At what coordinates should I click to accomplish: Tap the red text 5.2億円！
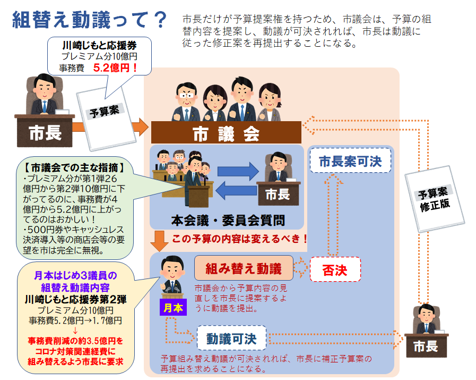pyautogui.click(x=116, y=67)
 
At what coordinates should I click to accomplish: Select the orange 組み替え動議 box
pyautogui.click(x=244, y=268)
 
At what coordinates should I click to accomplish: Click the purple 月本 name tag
pyautogui.click(x=172, y=307)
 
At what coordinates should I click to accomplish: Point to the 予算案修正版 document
pyautogui.click(x=435, y=198)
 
